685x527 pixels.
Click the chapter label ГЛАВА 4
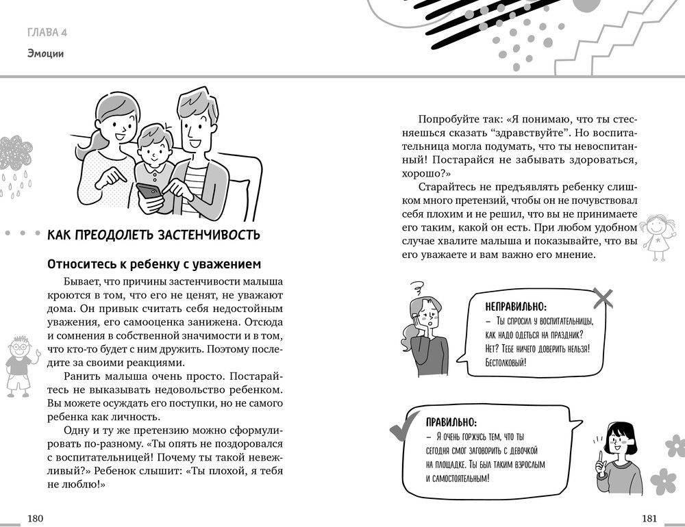pos(47,32)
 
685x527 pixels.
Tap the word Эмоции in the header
pos(46,53)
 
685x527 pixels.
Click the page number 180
pos(35,518)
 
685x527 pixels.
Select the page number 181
pos(650,518)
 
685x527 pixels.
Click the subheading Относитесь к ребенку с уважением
pos(154,264)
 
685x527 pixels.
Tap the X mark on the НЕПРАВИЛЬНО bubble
pos(603,298)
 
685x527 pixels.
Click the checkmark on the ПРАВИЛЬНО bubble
pos(401,428)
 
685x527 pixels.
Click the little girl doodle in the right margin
pos(658,236)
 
